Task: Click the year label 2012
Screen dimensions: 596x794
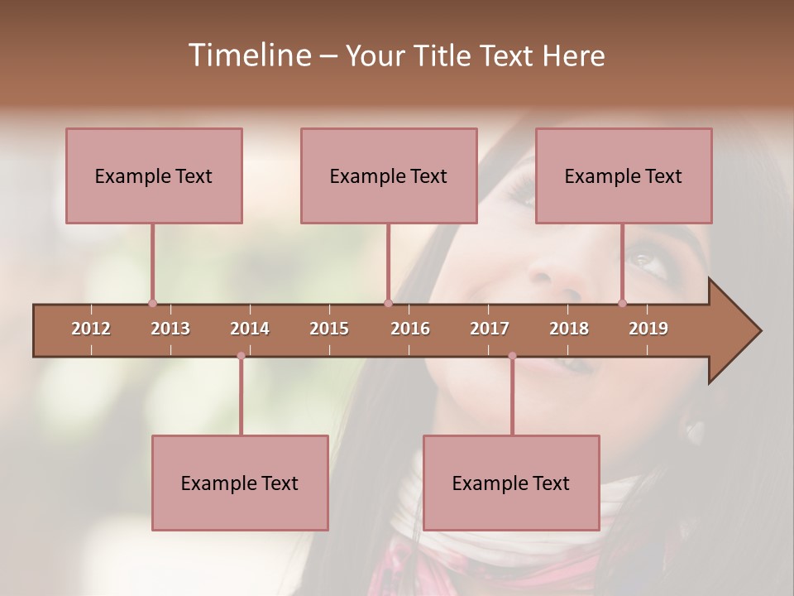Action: click(91, 329)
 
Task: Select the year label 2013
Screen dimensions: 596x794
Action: click(170, 329)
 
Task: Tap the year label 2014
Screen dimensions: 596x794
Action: click(250, 329)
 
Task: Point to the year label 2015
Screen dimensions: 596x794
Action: click(329, 329)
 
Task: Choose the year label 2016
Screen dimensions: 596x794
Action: click(410, 329)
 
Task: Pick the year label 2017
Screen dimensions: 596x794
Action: click(490, 329)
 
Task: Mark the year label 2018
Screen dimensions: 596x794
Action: click(569, 329)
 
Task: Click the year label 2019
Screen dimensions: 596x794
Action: click(648, 329)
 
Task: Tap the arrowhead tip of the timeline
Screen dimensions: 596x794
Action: click(758, 331)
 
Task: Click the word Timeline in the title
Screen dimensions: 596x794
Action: click(248, 55)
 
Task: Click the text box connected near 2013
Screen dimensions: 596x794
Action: click(154, 175)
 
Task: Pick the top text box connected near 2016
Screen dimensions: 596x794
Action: click(389, 175)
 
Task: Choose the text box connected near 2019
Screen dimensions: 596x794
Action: click(624, 175)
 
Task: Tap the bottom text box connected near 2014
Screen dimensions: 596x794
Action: click(240, 483)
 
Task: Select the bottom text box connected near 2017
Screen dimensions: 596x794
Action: click(511, 483)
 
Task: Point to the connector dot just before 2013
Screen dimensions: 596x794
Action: click(152, 303)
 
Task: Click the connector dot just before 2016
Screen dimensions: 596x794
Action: click(388, 303)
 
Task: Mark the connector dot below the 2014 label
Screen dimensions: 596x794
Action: click(241, 356)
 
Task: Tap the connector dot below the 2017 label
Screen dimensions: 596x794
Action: click(512, 356)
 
